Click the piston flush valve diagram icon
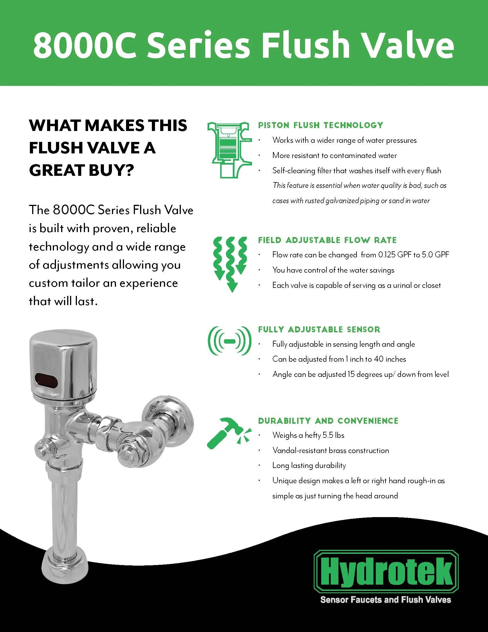pos(229,149)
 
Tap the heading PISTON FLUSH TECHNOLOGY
pos(320,125)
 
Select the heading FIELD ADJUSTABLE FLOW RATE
pos(327,240)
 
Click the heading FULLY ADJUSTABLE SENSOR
pos(319,329)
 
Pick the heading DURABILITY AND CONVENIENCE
pos(328,421)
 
